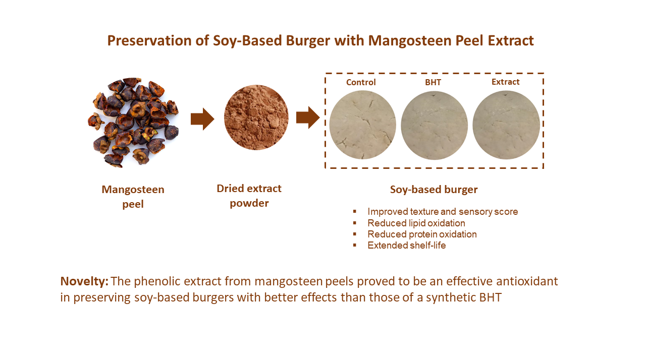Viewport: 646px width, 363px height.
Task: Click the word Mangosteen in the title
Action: coord(410,41)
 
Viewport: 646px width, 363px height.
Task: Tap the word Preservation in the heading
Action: coord(149,40)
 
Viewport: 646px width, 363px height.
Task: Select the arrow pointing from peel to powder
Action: coord(202,119)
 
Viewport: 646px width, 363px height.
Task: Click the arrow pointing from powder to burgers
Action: coord(308,117)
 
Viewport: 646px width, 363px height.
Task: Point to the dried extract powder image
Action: coord(256,117)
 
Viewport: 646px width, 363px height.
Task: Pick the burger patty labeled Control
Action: coord(362,125)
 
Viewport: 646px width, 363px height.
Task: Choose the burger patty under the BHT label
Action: coord(434,126)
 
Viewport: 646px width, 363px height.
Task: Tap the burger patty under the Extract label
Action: coord(506,125)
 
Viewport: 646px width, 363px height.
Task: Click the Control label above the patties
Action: coord(361,82)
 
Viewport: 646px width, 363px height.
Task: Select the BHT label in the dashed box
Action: coord(433,82)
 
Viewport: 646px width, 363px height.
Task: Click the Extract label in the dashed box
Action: coord(505,82)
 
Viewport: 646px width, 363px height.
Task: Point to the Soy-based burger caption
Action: coord(434,190)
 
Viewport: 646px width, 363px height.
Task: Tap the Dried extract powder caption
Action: coord(249,196)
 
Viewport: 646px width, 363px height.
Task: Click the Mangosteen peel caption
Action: coord(133,197)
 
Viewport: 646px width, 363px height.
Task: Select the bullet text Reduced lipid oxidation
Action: coord(416,223)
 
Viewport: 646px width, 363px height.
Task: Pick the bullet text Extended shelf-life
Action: coord(407,246)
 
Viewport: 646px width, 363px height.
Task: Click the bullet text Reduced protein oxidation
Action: coord(422,234)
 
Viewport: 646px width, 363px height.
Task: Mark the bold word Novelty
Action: coord(84,281)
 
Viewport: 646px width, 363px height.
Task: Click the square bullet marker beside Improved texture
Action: coord(354,212)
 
